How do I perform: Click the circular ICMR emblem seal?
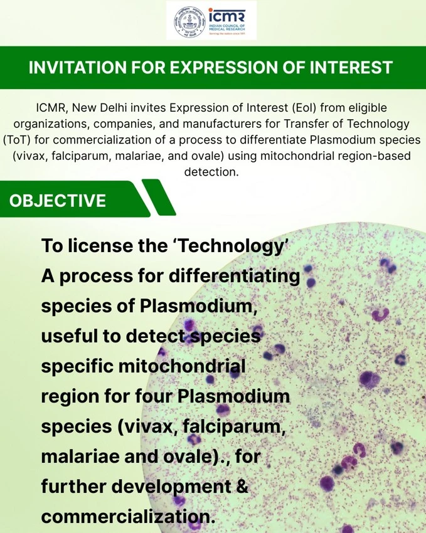pyautogui.click(x=190, y=21)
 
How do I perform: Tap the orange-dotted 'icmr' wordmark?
pyautogui.click(x=226, y=16)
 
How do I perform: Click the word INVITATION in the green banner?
pyautogui.click(x=78, y=67)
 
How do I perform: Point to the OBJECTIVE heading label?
pyautogui.click(x=58, y=201)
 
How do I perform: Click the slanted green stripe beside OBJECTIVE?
pyautogui.click(x=159, y=198)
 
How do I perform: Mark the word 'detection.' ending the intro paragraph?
pyautogui.click(x=211, y=172)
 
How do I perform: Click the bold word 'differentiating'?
pyautogui.click(x=234, y=276)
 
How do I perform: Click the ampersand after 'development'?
pyautogui.click(x=242, y=486)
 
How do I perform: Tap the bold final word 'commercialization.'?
pyautogui.click(x=128, y=516)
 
